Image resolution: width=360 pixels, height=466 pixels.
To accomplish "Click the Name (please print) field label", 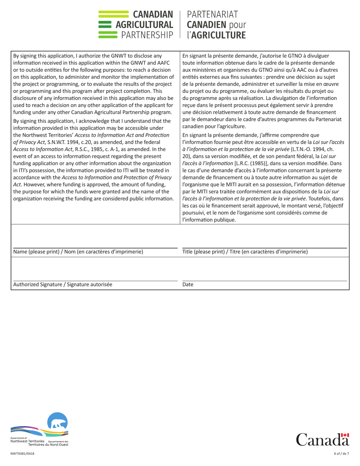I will point(78,252).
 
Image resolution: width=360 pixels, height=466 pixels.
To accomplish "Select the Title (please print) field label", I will point(245,252).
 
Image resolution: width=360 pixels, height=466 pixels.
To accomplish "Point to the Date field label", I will point(188,285).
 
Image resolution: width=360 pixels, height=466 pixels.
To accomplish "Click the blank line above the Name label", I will point(95,247).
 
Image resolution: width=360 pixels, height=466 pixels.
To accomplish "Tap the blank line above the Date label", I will point(265,281).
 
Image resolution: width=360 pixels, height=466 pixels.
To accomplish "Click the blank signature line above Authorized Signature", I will point(95,281).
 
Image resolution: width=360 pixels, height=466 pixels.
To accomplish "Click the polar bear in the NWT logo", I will point(58,422).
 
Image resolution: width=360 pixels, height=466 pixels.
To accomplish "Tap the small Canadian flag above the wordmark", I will point(345,436).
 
